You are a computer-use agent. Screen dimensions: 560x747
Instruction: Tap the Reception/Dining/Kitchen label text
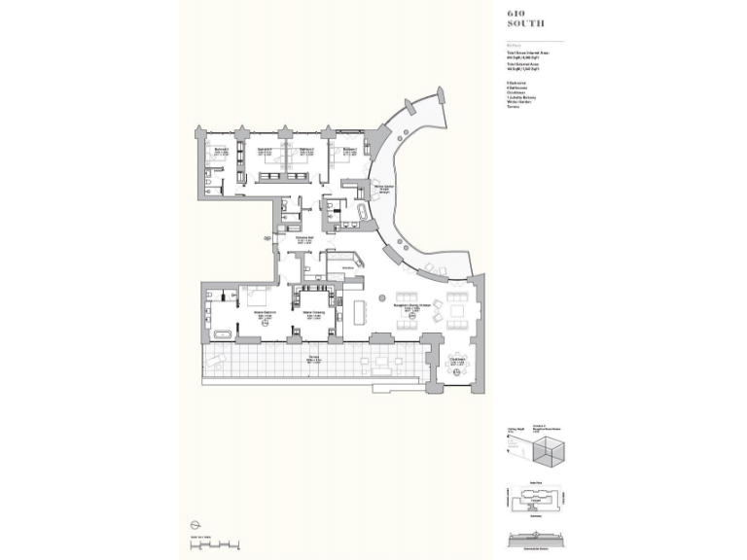(x=411, y=305)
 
